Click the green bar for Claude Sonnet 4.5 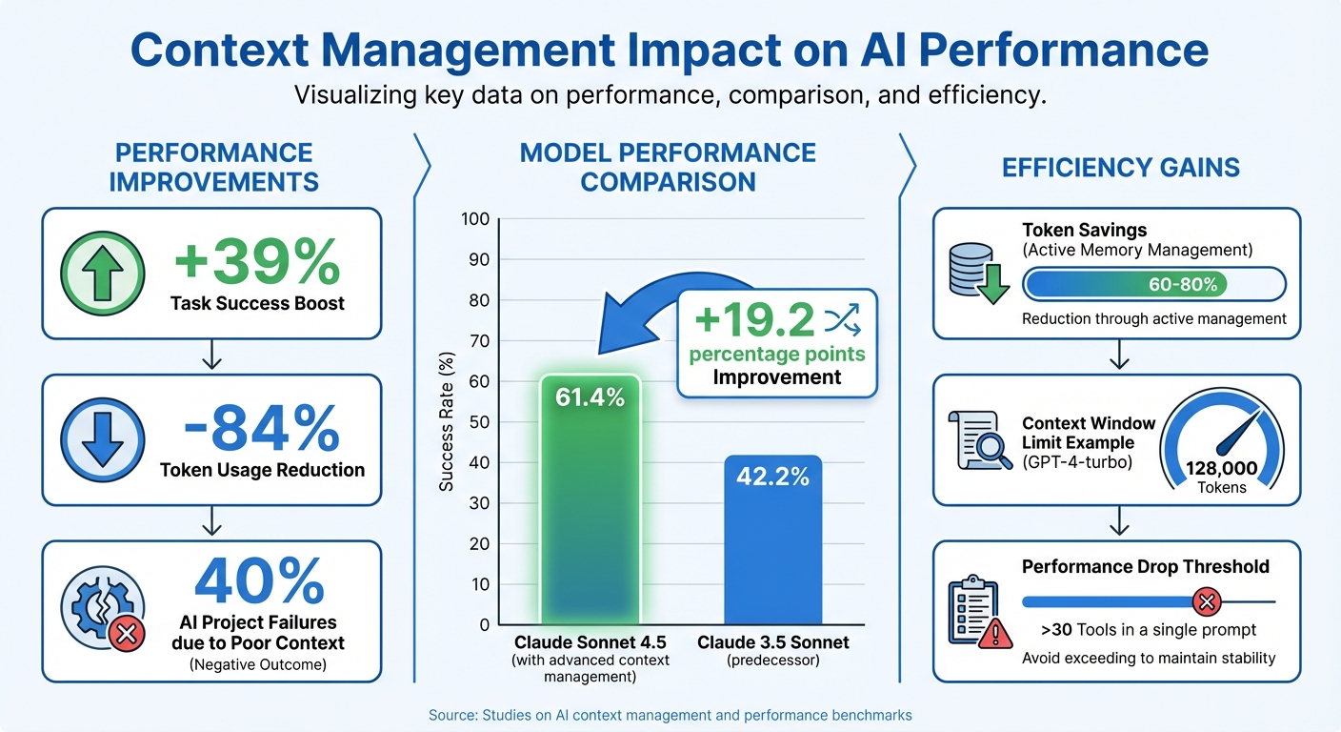pos(590,515)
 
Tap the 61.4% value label pos(590,397)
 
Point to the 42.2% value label pos(772,476)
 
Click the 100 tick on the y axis pos(475,219)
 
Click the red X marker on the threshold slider pos(1207,602)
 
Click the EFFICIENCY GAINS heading pos(1120,169)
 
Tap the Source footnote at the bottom pos(670,714)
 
